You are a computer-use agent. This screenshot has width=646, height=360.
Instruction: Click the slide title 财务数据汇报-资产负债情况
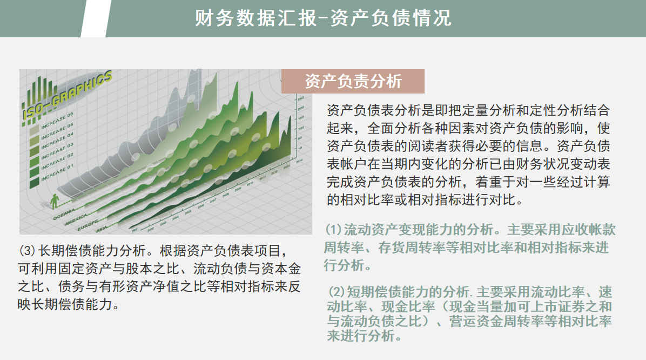click(322, 18)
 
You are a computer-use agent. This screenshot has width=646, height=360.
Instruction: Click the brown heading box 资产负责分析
click(353, 81)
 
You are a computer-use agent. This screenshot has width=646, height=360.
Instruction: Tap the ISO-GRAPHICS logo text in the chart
click(68, 94)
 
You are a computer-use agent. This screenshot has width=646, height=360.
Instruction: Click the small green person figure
click(53, 201)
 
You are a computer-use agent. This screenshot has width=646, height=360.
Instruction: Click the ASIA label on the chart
click(101, 231)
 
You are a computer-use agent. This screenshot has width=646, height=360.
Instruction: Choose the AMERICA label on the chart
click(76, 221)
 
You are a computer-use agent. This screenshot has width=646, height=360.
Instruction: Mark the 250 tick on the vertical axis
click(301, 97)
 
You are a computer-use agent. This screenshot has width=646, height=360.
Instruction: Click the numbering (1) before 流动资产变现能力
click(333, 229)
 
